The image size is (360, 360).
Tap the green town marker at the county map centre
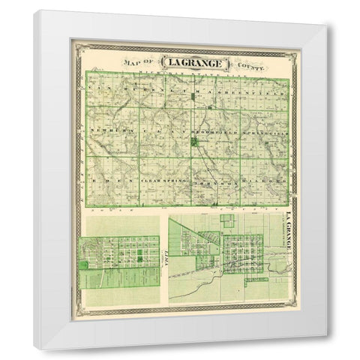195,141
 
